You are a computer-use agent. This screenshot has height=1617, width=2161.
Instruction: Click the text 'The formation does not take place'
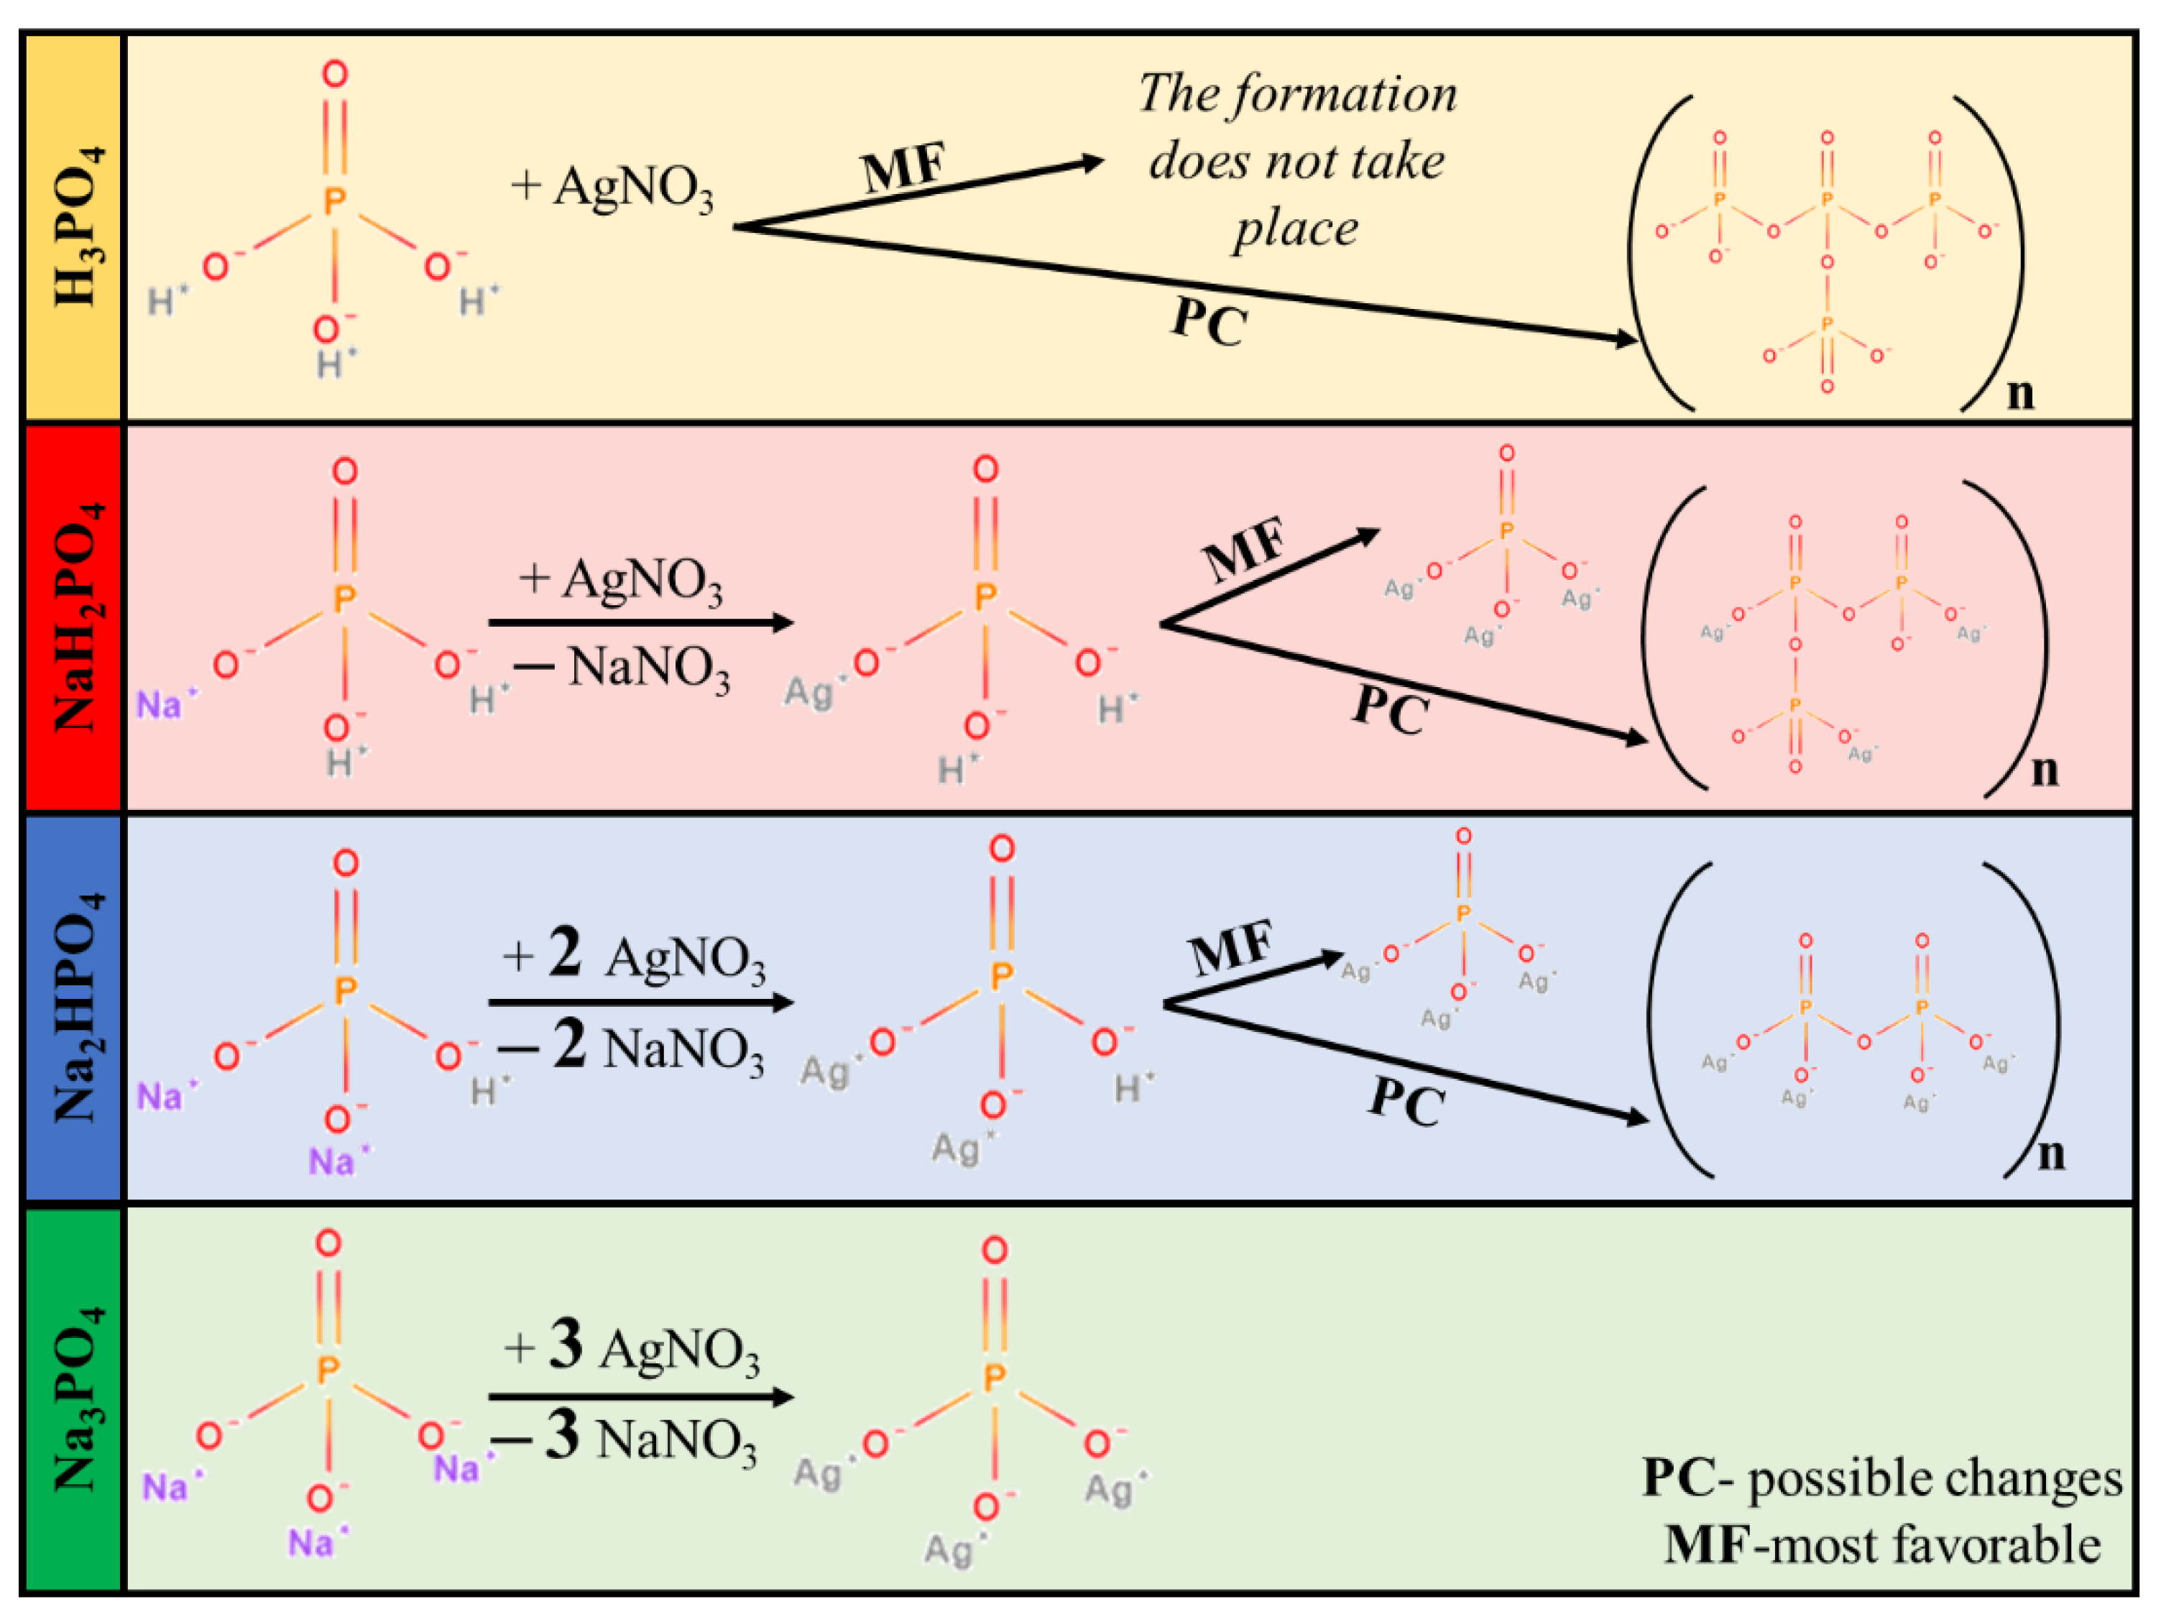tap(1296, 161)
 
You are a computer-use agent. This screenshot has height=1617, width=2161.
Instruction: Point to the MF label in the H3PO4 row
tap(903, 168)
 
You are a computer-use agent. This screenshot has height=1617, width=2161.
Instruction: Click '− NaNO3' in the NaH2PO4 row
tap(622, 669)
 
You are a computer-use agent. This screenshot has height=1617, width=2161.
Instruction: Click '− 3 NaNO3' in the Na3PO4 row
tap(625, 1438)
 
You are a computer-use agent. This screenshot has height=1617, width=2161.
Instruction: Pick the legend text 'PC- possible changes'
tap(1881, 1478)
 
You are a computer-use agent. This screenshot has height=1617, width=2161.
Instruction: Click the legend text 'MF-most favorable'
tap(1881, 1544)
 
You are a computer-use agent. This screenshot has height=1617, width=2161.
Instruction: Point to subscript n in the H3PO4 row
tap(2020, 393)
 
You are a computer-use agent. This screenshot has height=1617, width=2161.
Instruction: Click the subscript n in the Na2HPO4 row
tap(2050, 1154)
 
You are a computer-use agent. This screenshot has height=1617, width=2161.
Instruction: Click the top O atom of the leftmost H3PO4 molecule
tap(335, 74)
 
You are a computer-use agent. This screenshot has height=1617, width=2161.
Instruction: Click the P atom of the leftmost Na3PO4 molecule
tap(328, 1370)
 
